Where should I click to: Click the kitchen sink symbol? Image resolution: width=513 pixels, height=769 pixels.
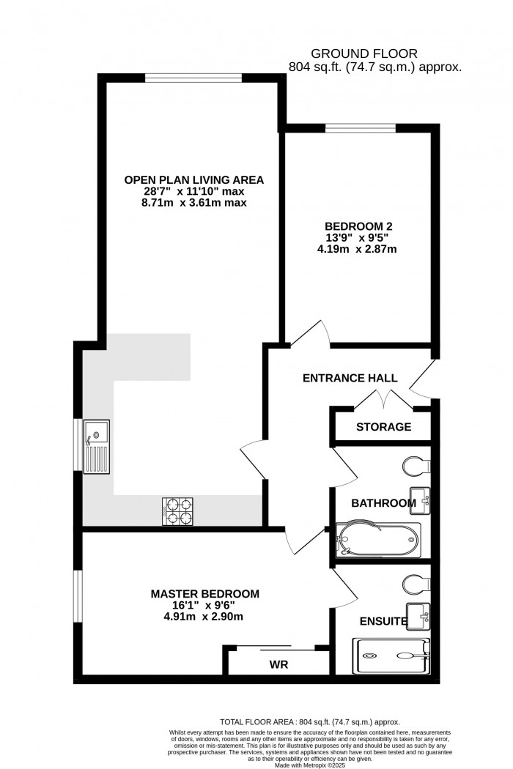[x=96, y=447]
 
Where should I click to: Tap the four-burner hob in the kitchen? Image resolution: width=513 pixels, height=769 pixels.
[x=176, y=511]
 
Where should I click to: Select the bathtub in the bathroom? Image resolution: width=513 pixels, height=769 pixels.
[x=378, y=540]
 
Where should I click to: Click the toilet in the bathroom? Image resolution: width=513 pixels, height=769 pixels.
[x=415, y=466]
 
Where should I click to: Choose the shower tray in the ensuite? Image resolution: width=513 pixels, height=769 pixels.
[x=391, y=655]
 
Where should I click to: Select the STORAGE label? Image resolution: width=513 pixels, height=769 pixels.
[x=383, y=427]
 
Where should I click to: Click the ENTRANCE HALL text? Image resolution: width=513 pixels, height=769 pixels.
[x=350, y=379]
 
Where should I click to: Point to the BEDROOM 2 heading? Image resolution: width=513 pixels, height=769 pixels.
[x=355, y=226]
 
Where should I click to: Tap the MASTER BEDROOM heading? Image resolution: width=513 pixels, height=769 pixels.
[x=204, y=593]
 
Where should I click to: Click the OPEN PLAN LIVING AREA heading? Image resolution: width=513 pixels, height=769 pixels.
[x=193, y=179]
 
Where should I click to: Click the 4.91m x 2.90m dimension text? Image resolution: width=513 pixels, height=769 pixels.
[x=204, y=617]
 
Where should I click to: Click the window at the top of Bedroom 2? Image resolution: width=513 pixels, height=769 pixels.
[x=361, y=128]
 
